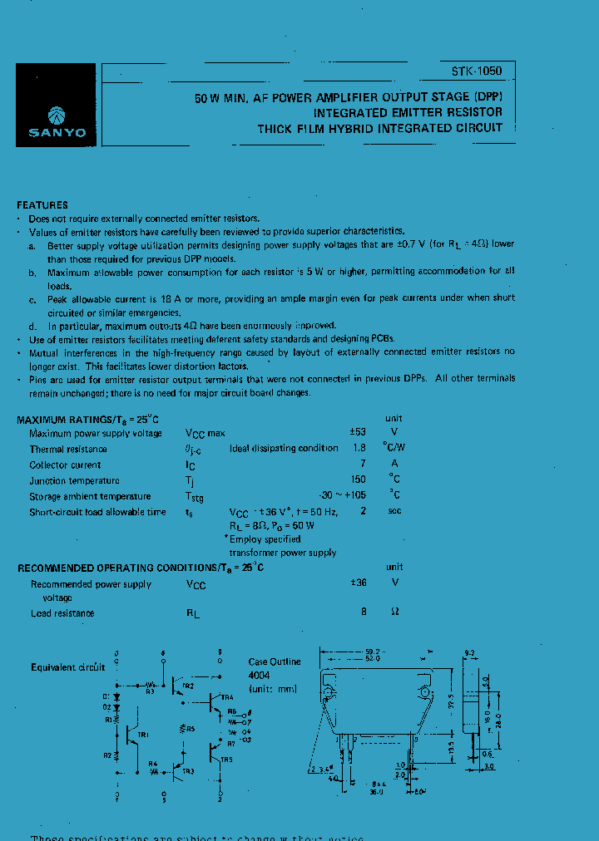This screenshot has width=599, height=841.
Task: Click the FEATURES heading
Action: point(42,205)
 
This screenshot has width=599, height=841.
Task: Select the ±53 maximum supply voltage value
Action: point(358,433)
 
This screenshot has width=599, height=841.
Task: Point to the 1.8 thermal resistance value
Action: point(359,449)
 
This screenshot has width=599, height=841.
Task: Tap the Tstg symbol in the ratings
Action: point(194,497)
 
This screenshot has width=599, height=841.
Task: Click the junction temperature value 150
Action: point(359,480)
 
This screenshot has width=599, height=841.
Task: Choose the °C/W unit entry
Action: point(394,449)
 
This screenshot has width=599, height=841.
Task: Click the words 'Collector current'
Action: point(65,465)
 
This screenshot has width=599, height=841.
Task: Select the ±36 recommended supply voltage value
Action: point(359,584)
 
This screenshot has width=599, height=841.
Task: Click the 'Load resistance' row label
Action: point(62,613)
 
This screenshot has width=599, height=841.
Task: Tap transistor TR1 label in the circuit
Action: point(143,735)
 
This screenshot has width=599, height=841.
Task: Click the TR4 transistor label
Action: point(227,696)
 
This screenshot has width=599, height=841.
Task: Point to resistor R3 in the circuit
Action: point(151,690)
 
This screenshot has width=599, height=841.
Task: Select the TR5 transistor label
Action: point(227,759)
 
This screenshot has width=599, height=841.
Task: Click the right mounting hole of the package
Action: point(426,692)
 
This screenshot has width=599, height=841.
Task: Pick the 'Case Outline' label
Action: point(275,662)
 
